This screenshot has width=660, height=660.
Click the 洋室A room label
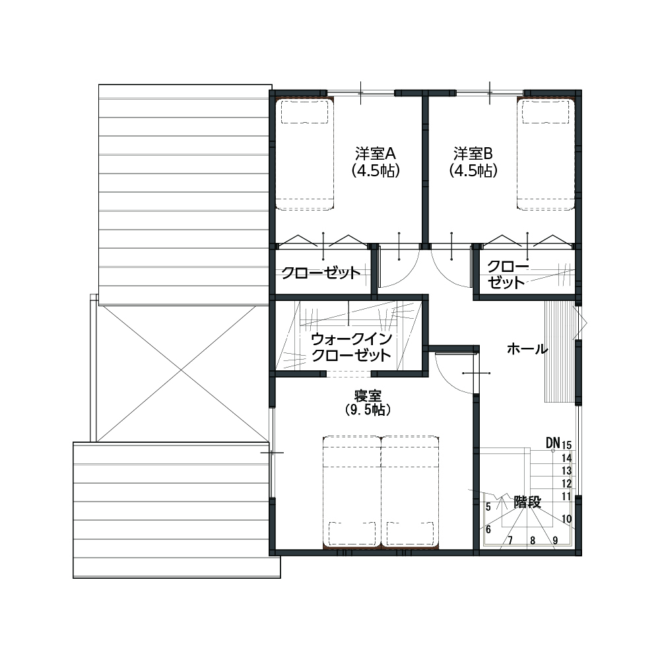click(376, 153)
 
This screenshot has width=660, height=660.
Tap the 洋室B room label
click(473, 153)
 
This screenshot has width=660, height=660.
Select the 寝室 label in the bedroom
click(368, 395)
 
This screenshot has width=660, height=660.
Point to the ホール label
click(527, 349)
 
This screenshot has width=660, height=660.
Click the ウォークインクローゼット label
click(352, 347)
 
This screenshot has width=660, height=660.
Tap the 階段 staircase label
click(527, 502)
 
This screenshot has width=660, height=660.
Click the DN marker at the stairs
click(553, 442)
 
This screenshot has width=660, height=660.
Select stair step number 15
click(566, 445)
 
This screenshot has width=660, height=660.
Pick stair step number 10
click(566, 519)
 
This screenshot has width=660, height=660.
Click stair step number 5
click(488, 507)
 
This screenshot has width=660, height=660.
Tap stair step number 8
click(533, 541)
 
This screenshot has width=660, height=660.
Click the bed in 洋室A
click(305, 154)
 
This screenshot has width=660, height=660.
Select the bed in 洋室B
click(546, 154)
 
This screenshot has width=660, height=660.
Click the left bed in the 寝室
click(352, 492)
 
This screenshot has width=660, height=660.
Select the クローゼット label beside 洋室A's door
click(321, 273)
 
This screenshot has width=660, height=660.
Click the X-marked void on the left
click(181, 372)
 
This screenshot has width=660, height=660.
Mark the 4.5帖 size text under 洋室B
click(473, 171)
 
